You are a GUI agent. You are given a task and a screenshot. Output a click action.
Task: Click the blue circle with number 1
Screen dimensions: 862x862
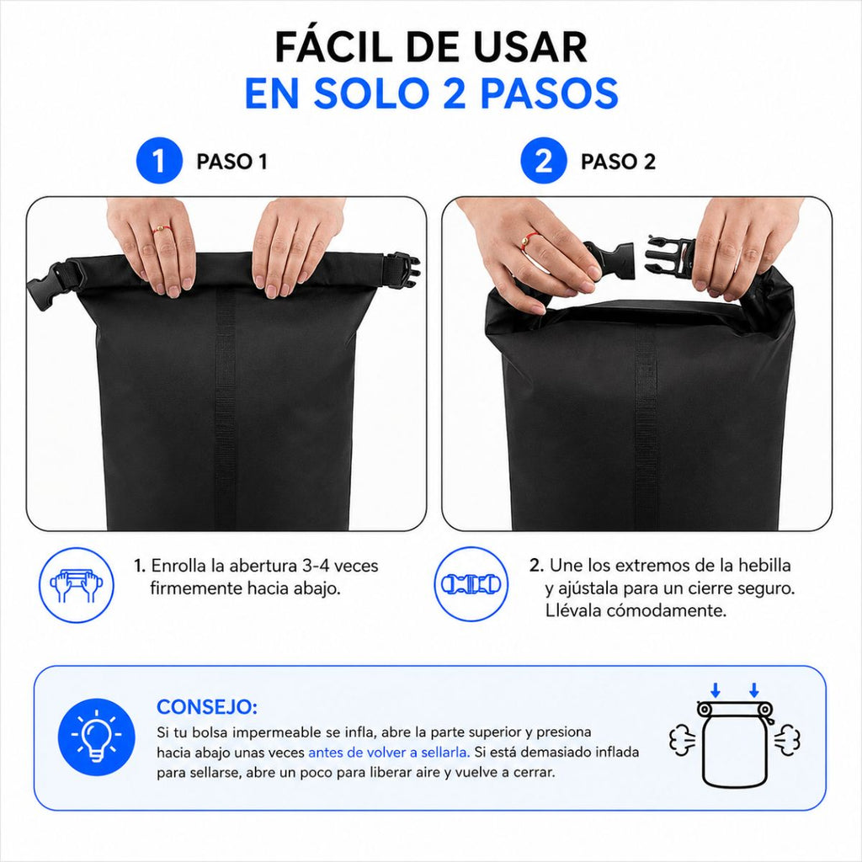pyautogui.click(x=159, y=161)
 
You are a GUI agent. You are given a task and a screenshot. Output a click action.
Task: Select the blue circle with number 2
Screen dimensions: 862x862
pyautogui.click(x=543, y=161)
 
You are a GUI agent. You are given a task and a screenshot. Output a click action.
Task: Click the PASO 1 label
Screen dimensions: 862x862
pyautogui.click(x=232, y=162)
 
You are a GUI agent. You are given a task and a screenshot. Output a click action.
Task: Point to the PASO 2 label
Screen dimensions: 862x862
pyautogui.click(x=618, y=162)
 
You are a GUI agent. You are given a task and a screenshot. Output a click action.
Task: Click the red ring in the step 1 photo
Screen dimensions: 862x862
pyautogui.click(x=161, y=228)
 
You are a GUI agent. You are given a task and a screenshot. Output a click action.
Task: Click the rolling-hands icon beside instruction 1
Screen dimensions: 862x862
pyautogui.click(x=77, y=585)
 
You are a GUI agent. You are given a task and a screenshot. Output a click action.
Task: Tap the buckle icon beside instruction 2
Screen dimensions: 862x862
pyautogui.click(x=471, y=584)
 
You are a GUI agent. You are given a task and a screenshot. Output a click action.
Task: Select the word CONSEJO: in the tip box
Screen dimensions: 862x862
pyautogui.click(x=207, y=707)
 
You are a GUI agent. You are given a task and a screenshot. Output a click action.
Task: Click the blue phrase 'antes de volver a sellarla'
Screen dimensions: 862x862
pyautogui.click(x=389, y=752)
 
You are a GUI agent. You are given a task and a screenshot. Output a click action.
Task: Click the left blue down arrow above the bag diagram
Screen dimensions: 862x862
pyautogui.click(x=716, y=690)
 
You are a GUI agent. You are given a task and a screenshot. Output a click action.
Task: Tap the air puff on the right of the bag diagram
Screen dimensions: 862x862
pyautogui.click(x=788, y=739)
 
